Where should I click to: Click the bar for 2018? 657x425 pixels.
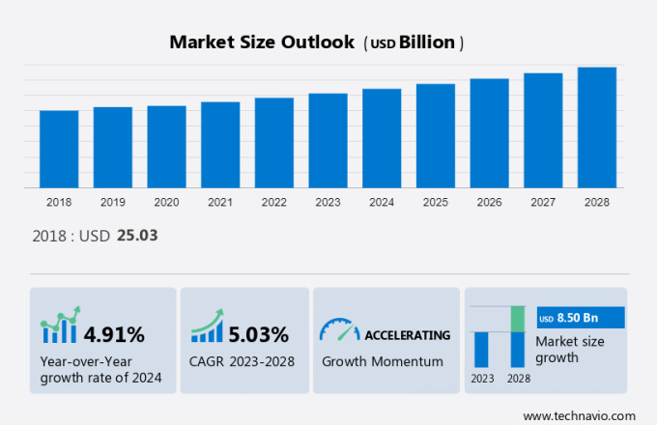point(59,149)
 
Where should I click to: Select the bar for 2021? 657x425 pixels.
point(220,144)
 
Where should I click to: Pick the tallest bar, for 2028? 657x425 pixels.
point(596,127)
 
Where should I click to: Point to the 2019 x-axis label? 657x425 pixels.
point(112,203)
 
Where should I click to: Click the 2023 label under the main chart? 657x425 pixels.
point(328,203)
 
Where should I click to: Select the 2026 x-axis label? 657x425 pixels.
point(489,203)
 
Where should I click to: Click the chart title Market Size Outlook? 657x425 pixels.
point(261,42)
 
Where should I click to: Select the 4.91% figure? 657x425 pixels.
point(114,335)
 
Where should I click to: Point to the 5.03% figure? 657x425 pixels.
point(258,335)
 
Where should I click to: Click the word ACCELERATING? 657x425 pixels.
point(407,335)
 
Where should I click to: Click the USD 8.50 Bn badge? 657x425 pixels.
point(582,318)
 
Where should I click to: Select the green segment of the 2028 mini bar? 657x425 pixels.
point(518,319)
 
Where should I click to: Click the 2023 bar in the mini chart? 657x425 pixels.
point(481,349)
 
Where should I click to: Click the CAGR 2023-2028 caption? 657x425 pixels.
point(243,361)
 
